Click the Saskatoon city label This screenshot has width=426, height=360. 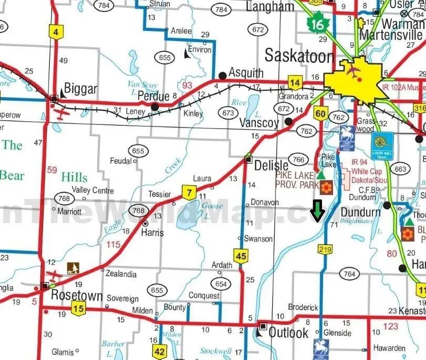tap(299, 56)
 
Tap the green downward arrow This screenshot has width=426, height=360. tap(317, 211)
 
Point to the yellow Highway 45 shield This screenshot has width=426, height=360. tap(241, 256)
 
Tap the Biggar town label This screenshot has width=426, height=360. tap(80, 89)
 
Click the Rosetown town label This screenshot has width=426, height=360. tap(77, 295)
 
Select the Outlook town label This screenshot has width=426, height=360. tap(288, 332)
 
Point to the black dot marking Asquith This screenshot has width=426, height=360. tap(222, 76)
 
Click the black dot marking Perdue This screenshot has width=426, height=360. tap(155, 107)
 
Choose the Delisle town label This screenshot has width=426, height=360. tap(271, 165)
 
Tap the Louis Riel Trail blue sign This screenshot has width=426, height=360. tap(382, 143)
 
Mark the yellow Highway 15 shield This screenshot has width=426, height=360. tap(79, 309)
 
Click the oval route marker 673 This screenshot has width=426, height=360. tap(228, 112)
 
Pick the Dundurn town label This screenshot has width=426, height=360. tap(360, 212)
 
